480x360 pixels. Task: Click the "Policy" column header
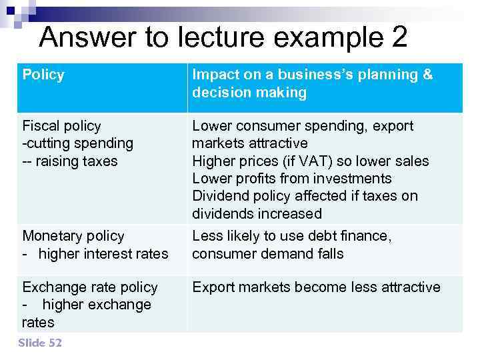[x=43, y=75]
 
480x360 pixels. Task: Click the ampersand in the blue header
[x=427, y=75]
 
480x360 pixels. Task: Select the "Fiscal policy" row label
[x=61, y=126]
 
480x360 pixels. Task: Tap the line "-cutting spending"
[x=77, y=143]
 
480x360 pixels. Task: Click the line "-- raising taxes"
[x=69, y=161]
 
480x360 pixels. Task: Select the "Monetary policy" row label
[x=73, y=236]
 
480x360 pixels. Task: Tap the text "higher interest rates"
[x=103, y=253]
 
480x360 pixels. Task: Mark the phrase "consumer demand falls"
[x=268, y=253]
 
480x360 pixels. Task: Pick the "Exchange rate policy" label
[x=90, y=287]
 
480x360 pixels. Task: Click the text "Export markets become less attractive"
[x=316, y=287]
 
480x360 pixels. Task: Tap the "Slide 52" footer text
[x=40, y=343]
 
